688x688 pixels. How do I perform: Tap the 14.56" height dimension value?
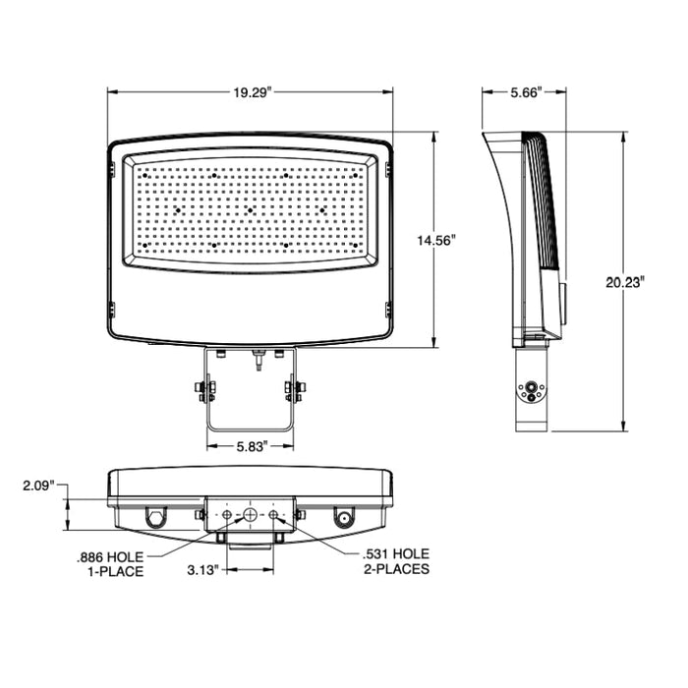(435, 240)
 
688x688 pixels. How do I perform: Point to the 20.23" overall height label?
(625, 281)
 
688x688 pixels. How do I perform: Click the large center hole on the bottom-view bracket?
(251, 515)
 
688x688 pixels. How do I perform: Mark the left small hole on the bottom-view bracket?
(228, 515)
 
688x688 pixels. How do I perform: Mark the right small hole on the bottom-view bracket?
(273, 515)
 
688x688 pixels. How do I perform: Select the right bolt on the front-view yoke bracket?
(294, 391)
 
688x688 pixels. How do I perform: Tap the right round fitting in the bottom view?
(345, 518)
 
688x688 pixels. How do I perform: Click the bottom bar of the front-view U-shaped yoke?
(251, 429)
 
